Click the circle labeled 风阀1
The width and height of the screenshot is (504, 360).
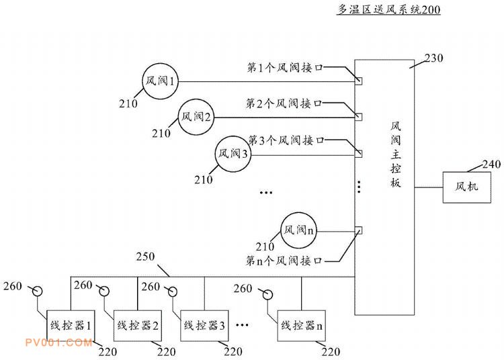(x=161, y=82)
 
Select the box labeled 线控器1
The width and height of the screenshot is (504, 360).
(x=71, y=325)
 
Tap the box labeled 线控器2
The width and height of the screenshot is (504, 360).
(x=138, y=326)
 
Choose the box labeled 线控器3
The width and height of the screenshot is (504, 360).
(x=205, y=326)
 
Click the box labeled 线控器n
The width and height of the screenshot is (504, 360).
(x=301, y=326)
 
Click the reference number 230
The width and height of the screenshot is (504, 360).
(x=434, y=58)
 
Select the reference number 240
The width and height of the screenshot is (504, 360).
(x=493, y=163)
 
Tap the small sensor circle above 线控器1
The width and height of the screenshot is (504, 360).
(x=38, y=291)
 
